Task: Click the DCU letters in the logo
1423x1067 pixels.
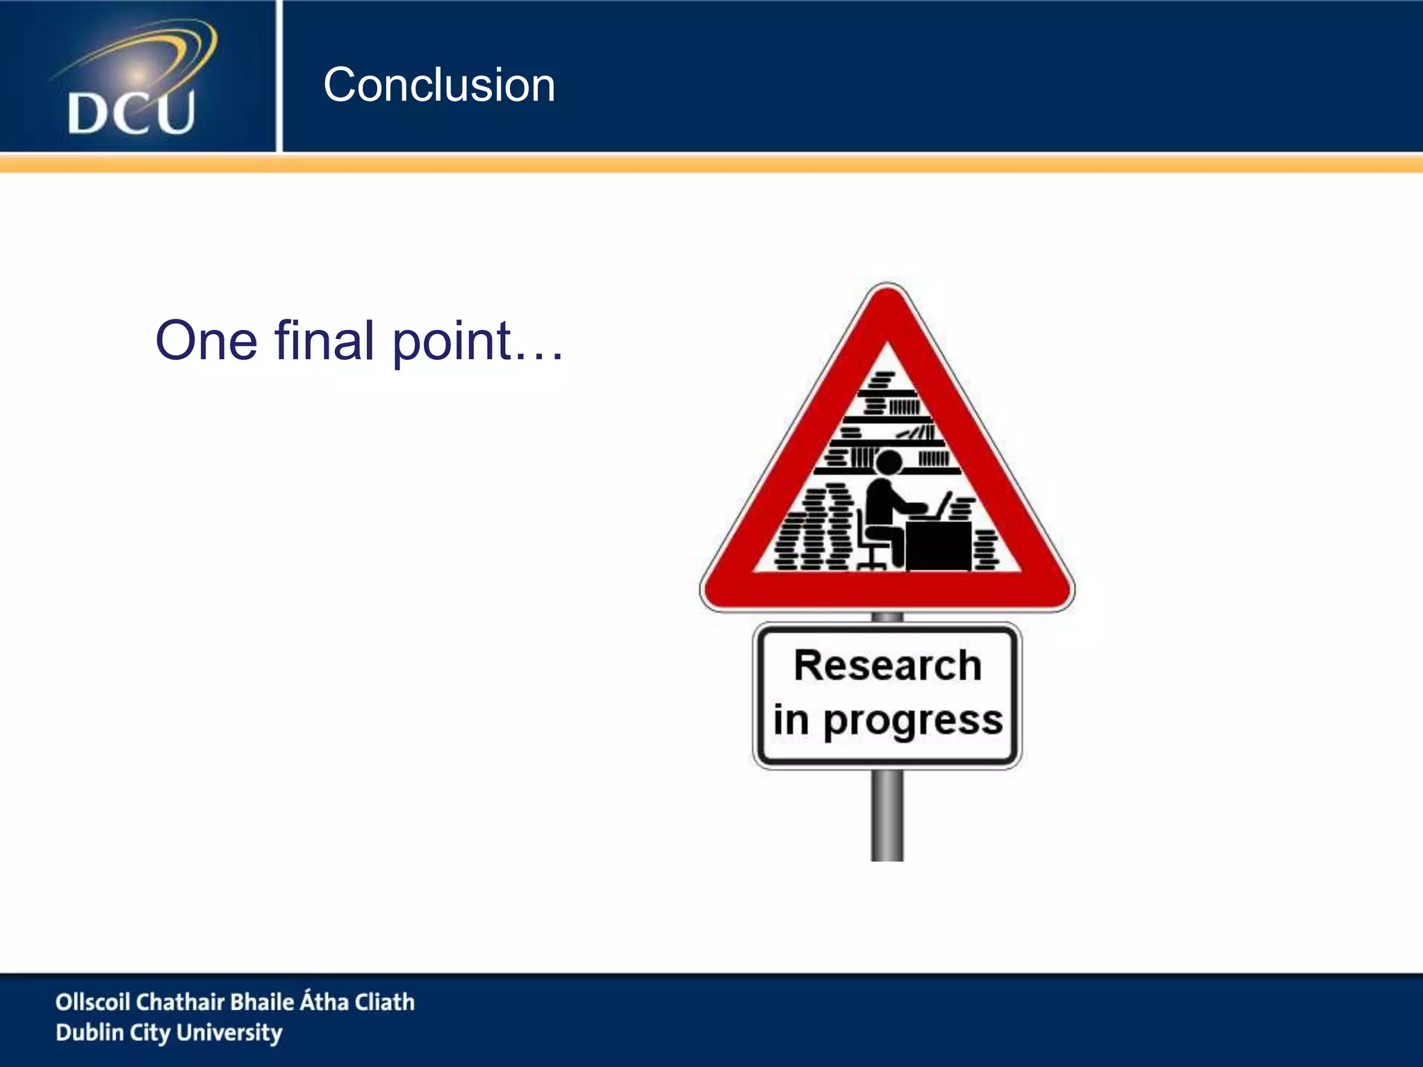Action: coord(131,113)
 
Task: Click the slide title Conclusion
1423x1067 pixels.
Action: coord(439,85)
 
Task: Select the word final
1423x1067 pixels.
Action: coord(324,340)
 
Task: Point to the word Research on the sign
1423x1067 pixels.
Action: coord(887,665)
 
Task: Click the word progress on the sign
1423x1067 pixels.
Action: coord(913,721)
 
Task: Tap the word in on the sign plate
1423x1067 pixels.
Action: coord(791,720)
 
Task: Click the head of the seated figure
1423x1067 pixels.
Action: coord(888,463)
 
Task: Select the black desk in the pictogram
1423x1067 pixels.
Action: coord(938,545)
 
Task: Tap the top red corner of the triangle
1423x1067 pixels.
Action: coord(887,306)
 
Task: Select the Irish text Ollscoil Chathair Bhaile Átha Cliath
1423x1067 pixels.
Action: coord(235,1002)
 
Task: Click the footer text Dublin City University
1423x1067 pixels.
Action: coord(169,1032)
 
